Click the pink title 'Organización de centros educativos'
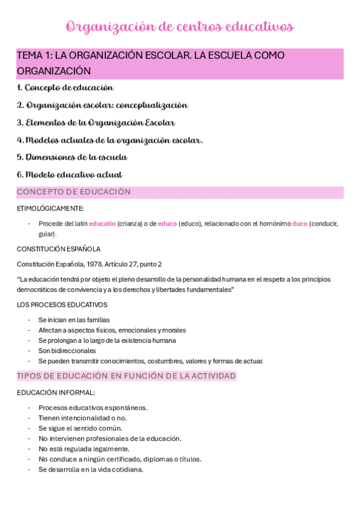pyautogui.click(x=180, y=27)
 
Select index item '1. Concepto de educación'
pyautogui.click(x=65, y=88)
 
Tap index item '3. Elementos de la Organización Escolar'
pyautogui.click(x=96, y=123)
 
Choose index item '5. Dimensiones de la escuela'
pyautogui.click(x=72, y=158)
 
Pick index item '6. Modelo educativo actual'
pyautogui.click(x=69, y=175)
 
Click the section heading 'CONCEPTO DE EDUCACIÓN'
pyautogui.click(x=73, y=192)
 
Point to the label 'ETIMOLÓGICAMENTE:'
pyautogui.click(x=50, y=209)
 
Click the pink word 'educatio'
pyautogui.click(x=102, y=224)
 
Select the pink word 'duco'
pyautogui.click(x=299, y=224)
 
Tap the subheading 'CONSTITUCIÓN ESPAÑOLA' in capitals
pyautogui.click(x=58, y=248)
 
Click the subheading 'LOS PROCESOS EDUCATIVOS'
pyautogui.click(x=62, y=305)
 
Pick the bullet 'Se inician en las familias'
pyautogui.click(x=74, y=320)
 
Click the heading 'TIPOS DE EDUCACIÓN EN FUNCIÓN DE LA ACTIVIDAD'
pyautogui.click(x=126, y=376)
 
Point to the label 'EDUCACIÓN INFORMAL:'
pyautogui.click(x=55, y=393)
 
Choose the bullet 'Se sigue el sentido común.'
pyautogui.click(x=80, y=428)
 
